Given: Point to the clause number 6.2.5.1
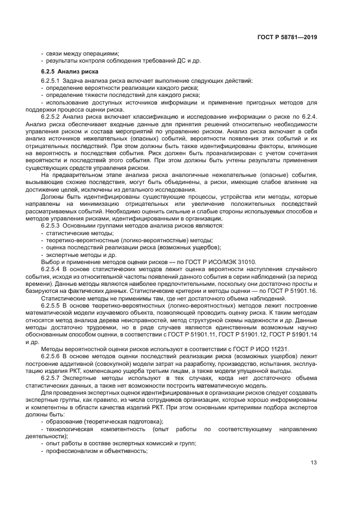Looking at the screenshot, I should pos(52,81).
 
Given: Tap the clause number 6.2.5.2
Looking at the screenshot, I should pos(52,116).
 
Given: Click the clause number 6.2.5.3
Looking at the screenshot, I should pos(52,225).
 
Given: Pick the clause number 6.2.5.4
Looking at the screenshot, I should pos(52,268).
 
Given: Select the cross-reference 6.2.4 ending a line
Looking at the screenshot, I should pos(309,116).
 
